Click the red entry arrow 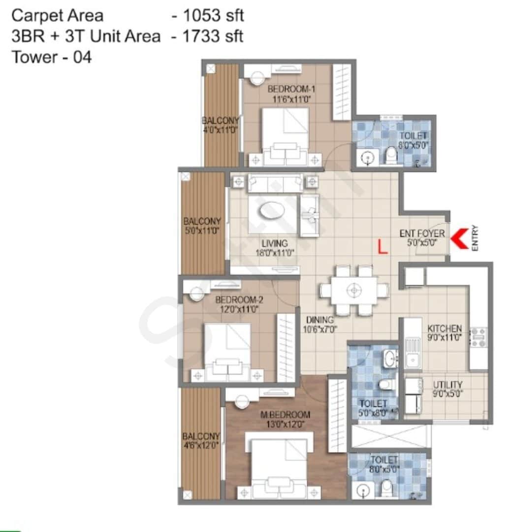(x=460, y=238)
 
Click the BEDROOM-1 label (x=290, y=89)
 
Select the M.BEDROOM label (x=286, y=414)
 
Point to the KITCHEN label (x=445, y=329)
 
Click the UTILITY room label (x=447, y=385)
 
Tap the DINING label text (x=320, y=320)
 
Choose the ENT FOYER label (x=422, y=233)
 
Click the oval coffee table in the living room (x=272, y=210)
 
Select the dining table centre (x=354, y=290)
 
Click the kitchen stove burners (x=478, y=337)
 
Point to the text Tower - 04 (x=51, y=57)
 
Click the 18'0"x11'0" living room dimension (x=275, y=253)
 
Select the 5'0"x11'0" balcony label (x=202, y=231)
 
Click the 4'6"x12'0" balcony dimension (x=201, y=446)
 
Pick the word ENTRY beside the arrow (x=475, y=238)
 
